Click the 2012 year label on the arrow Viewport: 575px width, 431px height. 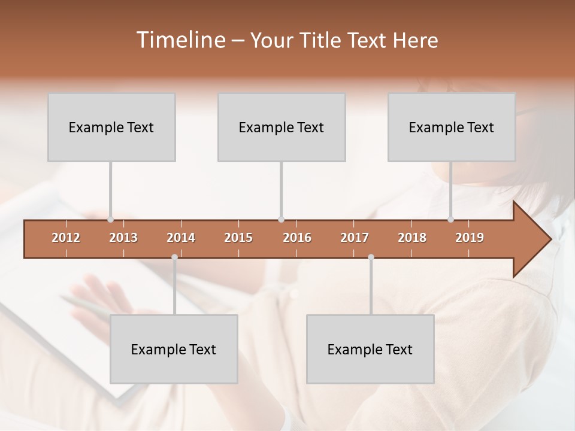point(66,238)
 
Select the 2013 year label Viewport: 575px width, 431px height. point(123,238)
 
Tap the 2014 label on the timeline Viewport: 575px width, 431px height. point(181,238)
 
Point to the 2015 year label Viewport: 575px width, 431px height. point(238,238)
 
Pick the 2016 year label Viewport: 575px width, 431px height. point(297,238)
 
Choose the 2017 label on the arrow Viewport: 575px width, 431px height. point(355,238)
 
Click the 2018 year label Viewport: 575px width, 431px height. point(412,238)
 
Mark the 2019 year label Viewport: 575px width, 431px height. point(470,238)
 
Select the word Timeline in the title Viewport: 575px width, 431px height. point(181,40)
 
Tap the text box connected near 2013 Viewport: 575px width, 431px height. point(111,128)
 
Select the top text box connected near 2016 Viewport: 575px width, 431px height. point(282,128)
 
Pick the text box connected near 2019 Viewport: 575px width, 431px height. point(452,128)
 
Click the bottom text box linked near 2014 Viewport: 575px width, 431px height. point(174,349)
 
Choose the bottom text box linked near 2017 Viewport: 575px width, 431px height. point(370,349)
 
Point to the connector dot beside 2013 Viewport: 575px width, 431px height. point(110,220)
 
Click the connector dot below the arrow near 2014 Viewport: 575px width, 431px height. point(174,257)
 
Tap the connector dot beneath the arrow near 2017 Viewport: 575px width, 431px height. point(371,257)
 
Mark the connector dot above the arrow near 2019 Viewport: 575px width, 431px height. point(450,220)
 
